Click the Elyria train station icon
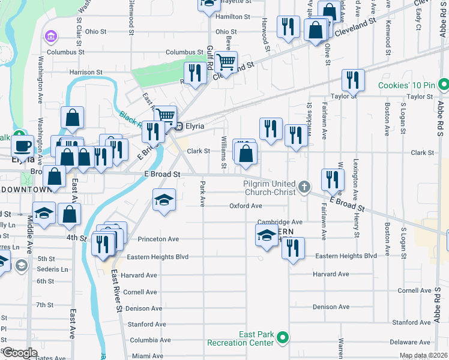point(178,126)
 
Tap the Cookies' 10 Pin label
point(407,85)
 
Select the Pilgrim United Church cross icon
point(305,187)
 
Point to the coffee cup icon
point(23,145)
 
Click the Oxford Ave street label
point(246,206)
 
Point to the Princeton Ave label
point(158,239)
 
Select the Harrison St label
point(86,72)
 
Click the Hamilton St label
point(233,17)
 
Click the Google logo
point(20,353)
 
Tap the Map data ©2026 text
point(423,356)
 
